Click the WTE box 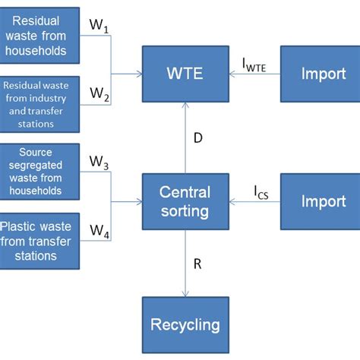[185, 74]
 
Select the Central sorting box [185, 201]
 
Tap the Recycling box [185, 324]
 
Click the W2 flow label [99, 93]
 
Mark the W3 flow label [99, 162]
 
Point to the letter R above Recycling [197, 264]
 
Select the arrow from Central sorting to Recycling [185, 266]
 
